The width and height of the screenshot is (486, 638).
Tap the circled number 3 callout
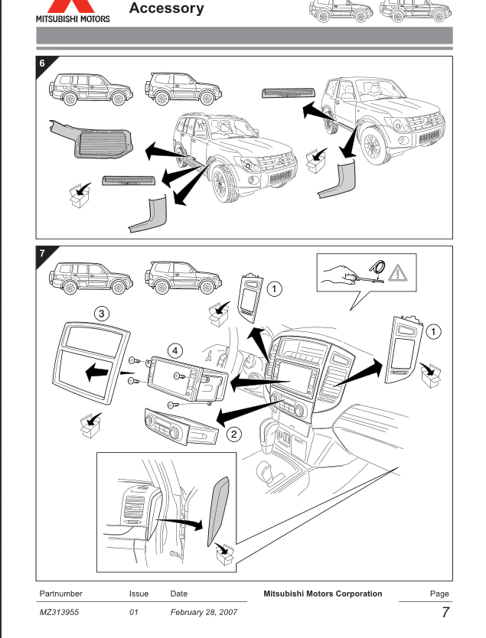point(100,312)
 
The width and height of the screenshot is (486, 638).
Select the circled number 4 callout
point(176,350)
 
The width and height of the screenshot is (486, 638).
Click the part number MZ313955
point(60,614)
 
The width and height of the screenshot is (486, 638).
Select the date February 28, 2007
point(204,614)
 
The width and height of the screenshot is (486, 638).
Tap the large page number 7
point(444,614)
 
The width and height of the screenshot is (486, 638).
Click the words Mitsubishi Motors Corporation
point(322,594)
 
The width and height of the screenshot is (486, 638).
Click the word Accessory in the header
point(167,9)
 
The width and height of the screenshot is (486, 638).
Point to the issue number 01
point(134,614)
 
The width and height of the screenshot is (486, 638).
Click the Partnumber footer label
point(61,594)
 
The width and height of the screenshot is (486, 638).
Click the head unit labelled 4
point(184,379)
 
